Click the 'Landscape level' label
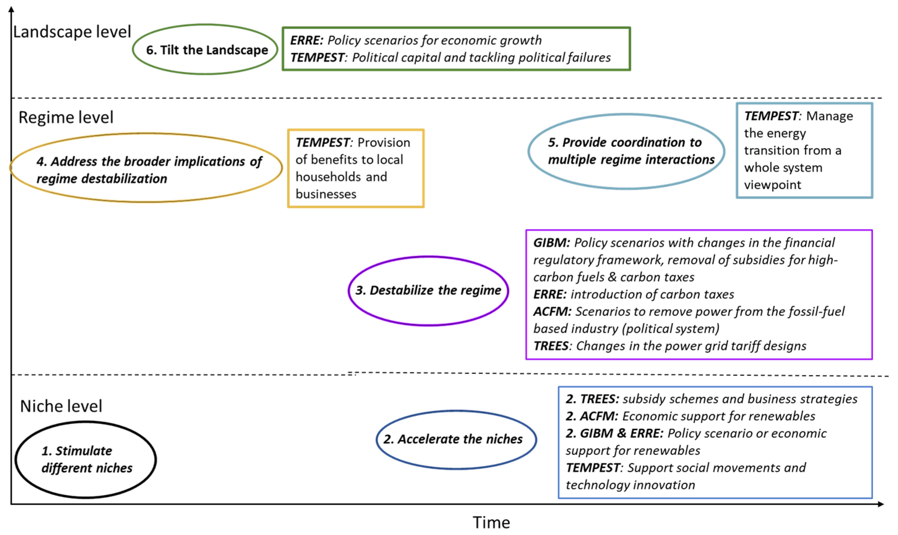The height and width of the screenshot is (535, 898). tap(72, 32)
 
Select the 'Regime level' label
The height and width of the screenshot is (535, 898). tap(66, 117)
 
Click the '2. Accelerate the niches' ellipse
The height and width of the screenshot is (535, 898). tap(456, 439)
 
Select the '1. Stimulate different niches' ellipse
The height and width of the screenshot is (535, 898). tap(86, 460)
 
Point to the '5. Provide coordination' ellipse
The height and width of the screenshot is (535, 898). tap(626, 151)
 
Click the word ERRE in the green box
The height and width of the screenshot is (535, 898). tap(306, 40)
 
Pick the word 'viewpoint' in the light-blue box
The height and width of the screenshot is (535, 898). tap(772, 185)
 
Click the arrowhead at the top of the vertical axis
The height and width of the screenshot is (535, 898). tap(11, 9)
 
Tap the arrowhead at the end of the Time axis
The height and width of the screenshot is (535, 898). tap(880, 504)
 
